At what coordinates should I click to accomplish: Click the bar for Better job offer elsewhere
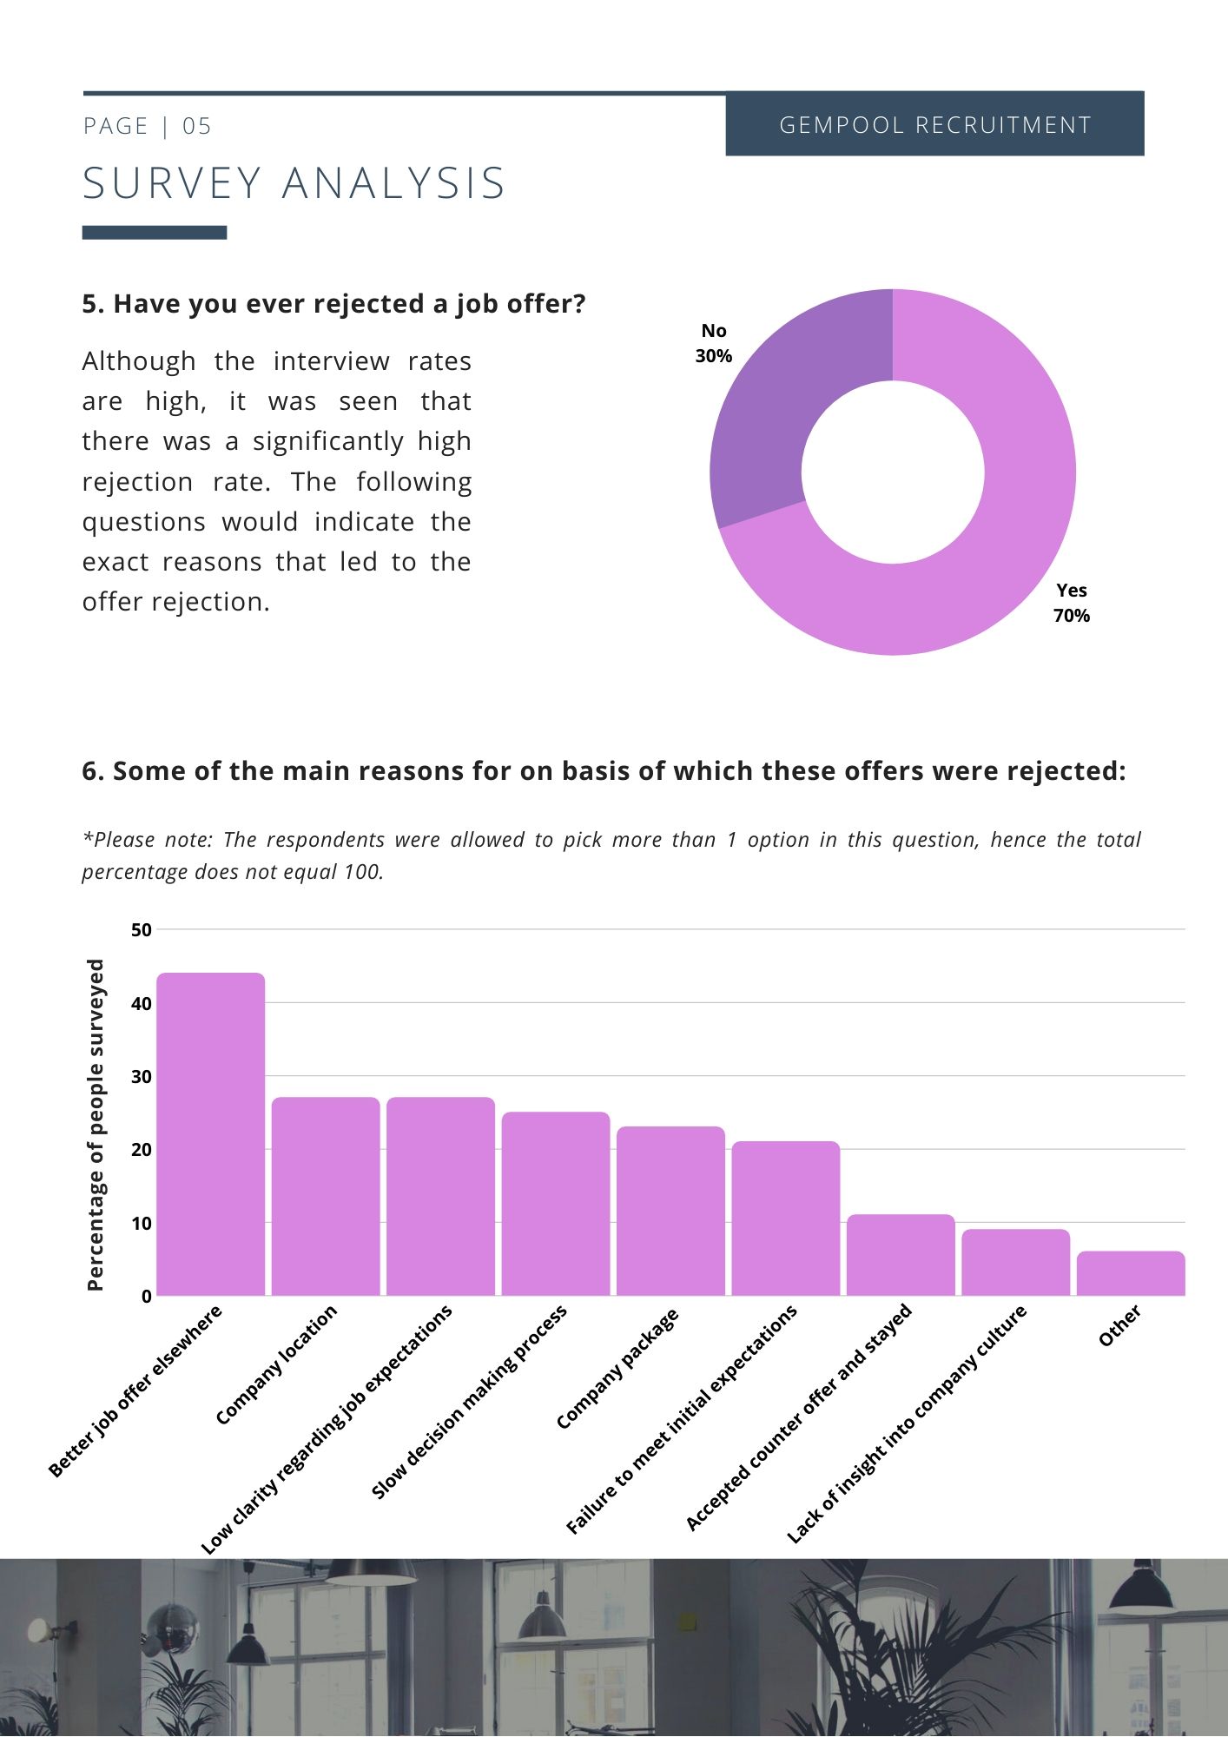tap(210, 1133)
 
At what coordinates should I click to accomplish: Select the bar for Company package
tap(670, 1211)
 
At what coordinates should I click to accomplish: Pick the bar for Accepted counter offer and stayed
tap(901, 1255)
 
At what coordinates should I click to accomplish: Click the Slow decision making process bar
tap(556, 1204)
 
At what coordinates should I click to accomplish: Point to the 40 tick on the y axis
tap(142, 1003)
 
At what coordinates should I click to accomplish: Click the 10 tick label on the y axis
tap(142, 1223)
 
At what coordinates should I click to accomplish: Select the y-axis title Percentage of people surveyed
tap(96, 1125)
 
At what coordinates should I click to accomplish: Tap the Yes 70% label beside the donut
tap(1071, 603)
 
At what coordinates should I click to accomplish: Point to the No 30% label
tap(713, 343)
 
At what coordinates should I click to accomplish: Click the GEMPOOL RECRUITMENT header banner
tap(934, 124)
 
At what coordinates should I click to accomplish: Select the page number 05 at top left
tap(197, 127)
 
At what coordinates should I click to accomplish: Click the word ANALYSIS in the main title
tap(393, 184)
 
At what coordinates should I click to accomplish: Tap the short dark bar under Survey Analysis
tap(155, 233)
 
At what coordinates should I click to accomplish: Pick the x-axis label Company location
tap(276, 1365)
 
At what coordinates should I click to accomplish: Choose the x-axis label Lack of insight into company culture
tap(907, 1424)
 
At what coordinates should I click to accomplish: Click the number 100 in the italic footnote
tap(361, 871)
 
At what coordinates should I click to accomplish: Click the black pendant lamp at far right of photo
tap(1141, 1587)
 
